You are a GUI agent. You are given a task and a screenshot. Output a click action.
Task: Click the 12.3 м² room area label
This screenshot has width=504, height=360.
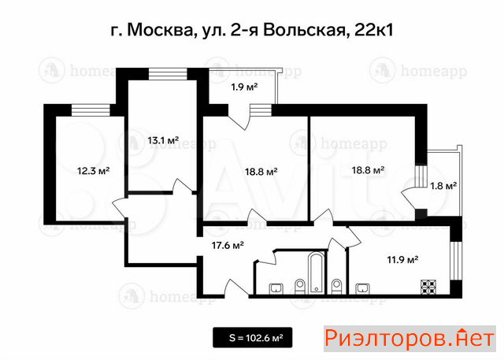click(94, 170)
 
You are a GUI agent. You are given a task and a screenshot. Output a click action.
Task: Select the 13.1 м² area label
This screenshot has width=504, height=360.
click(163, 140)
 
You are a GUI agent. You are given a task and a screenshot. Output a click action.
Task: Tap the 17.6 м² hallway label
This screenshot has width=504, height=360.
click(228, 246)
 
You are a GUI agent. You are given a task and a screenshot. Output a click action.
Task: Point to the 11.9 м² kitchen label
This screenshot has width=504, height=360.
click(402, 259)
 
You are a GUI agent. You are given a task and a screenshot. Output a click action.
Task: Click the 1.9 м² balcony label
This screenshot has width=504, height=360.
click(245, 87)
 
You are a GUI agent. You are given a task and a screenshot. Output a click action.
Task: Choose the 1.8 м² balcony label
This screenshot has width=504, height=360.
click(443, 185)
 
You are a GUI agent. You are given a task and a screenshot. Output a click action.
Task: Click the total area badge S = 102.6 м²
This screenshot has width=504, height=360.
click(253, 337)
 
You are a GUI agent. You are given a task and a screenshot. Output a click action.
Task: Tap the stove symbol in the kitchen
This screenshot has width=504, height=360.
click(429, 287)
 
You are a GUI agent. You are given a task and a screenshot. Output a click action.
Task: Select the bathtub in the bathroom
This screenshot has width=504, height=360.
click(317, 273)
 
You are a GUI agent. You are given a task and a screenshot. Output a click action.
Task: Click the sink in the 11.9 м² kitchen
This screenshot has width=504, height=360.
click(363, 288)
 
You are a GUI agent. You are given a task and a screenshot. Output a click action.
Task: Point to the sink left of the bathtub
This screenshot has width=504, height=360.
click(276, 288)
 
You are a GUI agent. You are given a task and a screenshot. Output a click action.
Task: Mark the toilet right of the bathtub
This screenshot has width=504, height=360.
click(336, 287)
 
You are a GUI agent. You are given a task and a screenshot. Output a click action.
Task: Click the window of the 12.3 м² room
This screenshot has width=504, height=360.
click(91, 110)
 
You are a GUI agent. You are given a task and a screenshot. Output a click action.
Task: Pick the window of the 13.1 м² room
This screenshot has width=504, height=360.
click(168, 74)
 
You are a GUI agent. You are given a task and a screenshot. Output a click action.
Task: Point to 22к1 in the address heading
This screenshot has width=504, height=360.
click(373, 31)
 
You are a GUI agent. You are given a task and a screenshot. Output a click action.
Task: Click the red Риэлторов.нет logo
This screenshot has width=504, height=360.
click(409, 339)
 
